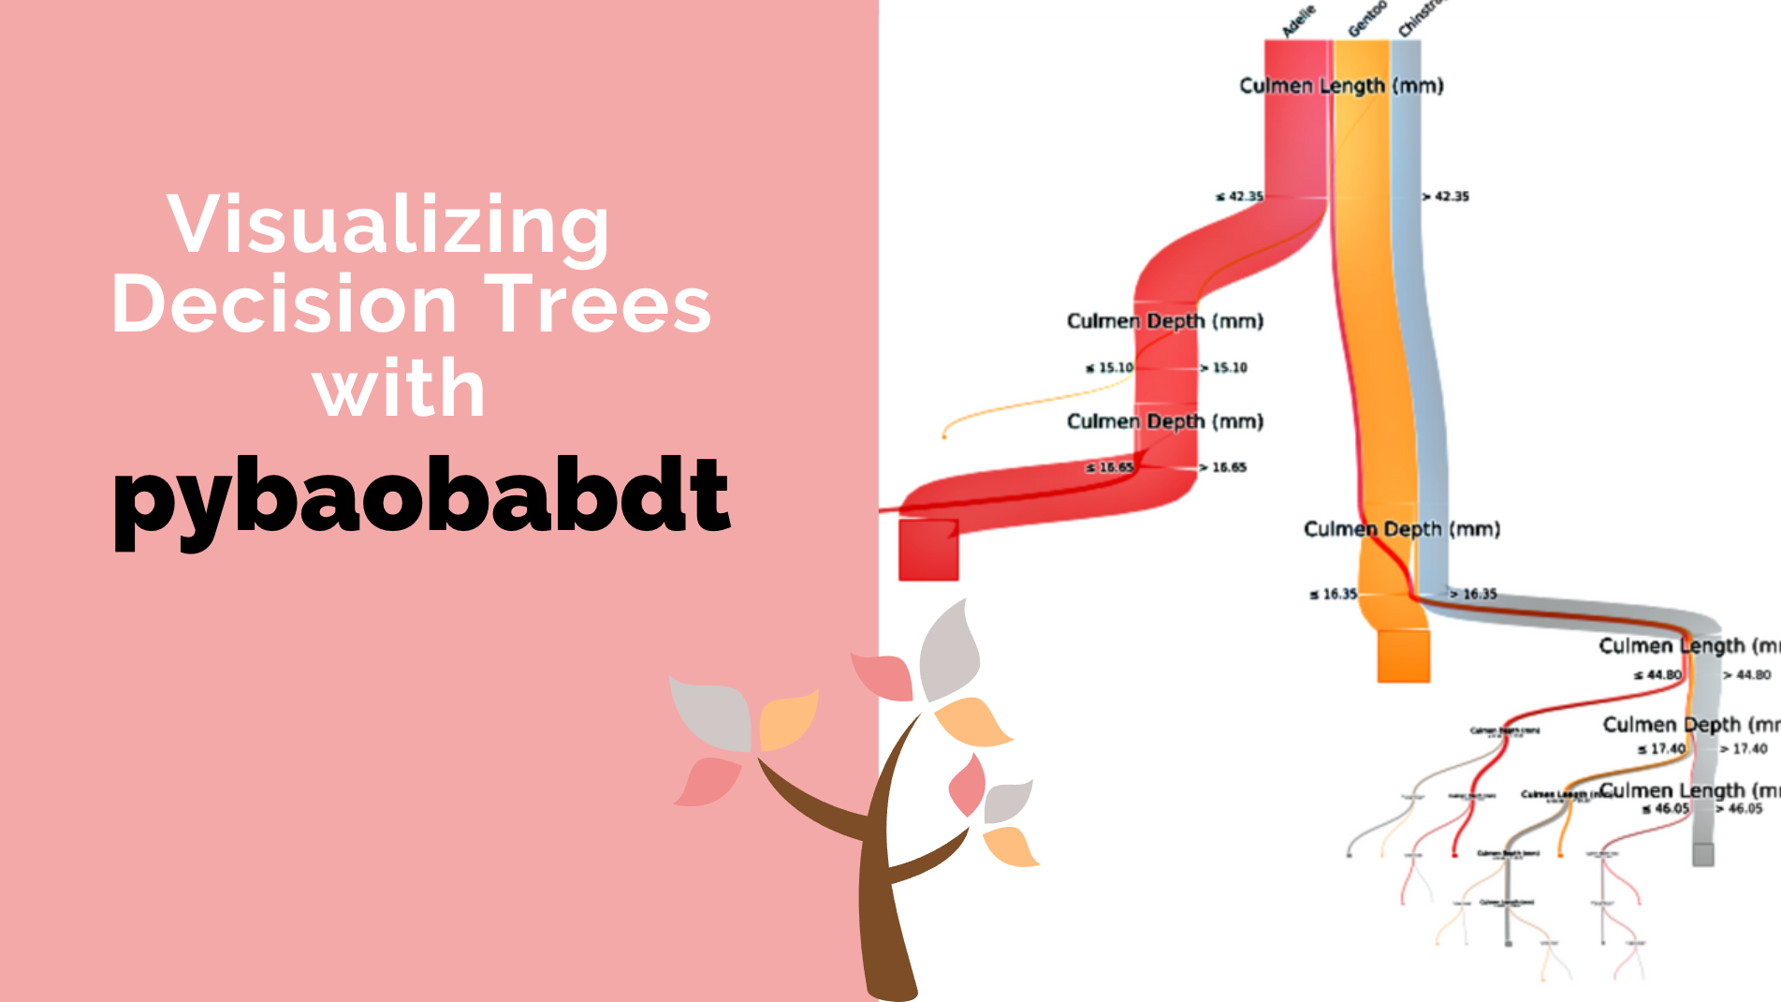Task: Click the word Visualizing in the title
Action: coord(387,225)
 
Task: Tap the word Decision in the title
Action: coord(284,305)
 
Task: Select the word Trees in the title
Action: coord(597,305)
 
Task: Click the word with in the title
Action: coord(400,389)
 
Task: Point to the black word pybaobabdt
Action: coord(421,496)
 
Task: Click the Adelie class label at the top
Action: coord(1298,21)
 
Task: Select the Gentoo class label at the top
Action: coord(1365,19)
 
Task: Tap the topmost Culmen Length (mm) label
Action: coord(1341,86)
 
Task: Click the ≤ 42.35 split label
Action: coord(1239,197)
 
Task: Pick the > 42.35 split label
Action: coord(1446,197)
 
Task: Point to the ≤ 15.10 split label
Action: coord(1109,368)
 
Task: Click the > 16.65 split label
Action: coord(1223,467)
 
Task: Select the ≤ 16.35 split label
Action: coord(1334,594)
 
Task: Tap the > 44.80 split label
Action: coord(1746,674)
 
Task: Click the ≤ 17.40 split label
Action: coord(1661,749)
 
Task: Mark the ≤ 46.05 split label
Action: coord(1666,809)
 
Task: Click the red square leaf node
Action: coord(928,550)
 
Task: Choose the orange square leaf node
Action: coord(1403,656)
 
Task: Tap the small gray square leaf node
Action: coord(1702,854)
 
